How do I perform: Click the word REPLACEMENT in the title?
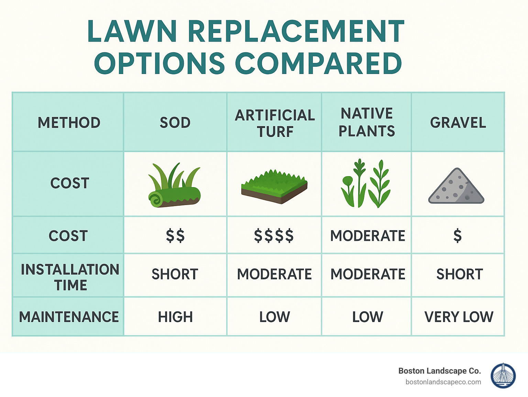pyautogui.click(x=296, y=31)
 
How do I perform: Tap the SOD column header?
pyautogui.click(x=175, y=123)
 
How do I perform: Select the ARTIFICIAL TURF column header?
pyautogui.click(x=275, y=123)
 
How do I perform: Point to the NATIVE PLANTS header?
pyautogui.click(x=367, y=122)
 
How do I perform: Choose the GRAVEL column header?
pyautogui.click(x=458, y=123)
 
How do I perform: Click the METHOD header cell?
pyautogui.click(x=69, y=123)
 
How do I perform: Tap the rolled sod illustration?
pyautogui.click(x=174, y=186)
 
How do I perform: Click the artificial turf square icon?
pyautogui.click(x=274, y=186)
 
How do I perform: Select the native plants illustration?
pyautogui.click(x=366, y=184)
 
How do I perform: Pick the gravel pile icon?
pyautogui.click(x=456, y=186)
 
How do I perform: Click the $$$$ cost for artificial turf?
pyautogui.click(x=274, y=236)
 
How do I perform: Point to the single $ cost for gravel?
pyautogui.click(x=457, y=236)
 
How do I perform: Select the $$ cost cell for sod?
pyautogui.click(x=175, y=236)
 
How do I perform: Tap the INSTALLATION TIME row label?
pyautogui.click(x=70, y=277)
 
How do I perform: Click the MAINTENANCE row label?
pyautogui.click(x=69, y=317)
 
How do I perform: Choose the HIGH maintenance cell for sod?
pyautogui.click(x=175, y=317)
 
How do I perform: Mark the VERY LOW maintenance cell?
pyautogui.click(x=459, y=317)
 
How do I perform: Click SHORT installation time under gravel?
pyautogui.click(x=460, y=274)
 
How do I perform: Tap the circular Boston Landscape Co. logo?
pyautogui.click(x=503, y=376)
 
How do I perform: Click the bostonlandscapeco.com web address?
pyautogui.click(x=443, y=382)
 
